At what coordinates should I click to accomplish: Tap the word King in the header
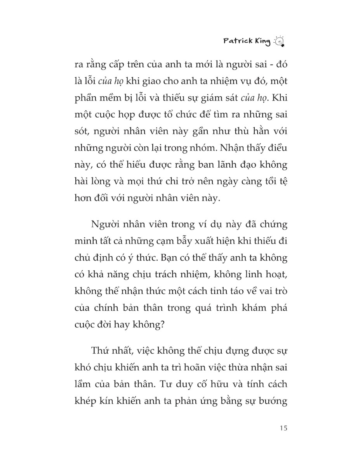point(262,42)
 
